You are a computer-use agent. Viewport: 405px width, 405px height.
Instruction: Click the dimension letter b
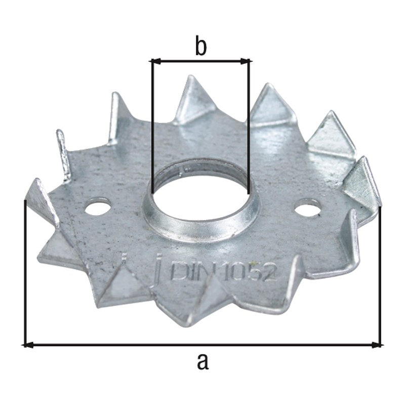click(x=201, y=47)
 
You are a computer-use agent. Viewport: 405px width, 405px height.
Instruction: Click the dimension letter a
click(x=202, y=361)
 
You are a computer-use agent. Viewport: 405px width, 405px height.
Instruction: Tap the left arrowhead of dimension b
click(x=155, y=61)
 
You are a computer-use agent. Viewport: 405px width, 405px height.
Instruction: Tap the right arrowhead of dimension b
click(x=246, y=61)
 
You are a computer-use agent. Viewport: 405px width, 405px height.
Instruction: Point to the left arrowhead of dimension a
click(x=28, y=345)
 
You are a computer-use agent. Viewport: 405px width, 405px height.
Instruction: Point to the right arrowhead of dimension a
click(x=377, y=345)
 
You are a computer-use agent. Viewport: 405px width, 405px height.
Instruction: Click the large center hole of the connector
click(x=199, y=196)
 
